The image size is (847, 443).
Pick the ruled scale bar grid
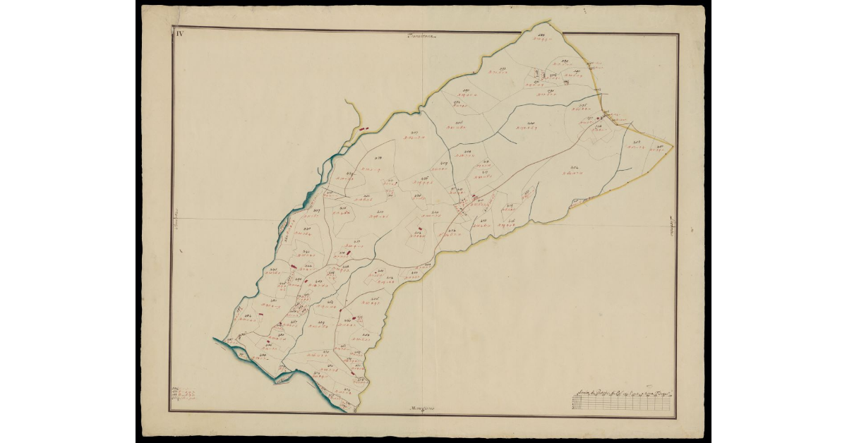[x=621, y=403]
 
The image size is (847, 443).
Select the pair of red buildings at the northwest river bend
[x=364, y=129]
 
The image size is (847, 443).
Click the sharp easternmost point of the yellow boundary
[x=673, y=146]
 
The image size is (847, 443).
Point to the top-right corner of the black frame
[x=678, y=34]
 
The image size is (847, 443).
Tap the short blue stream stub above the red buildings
[x=351, y=109]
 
